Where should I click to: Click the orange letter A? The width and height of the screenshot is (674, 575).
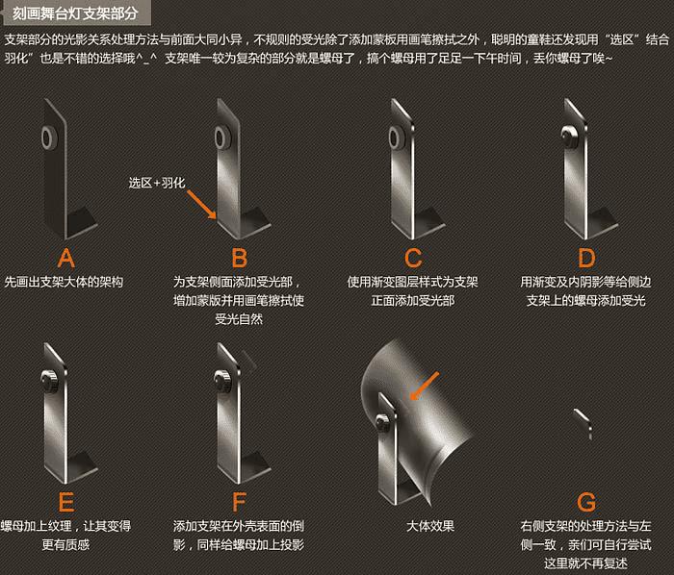[65, 258]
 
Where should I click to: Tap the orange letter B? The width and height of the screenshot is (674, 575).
[240, 258]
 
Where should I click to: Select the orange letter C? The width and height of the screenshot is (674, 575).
[413, 258]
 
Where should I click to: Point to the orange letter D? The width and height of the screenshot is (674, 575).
[586, 258]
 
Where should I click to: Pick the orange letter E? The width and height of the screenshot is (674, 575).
[66, 502]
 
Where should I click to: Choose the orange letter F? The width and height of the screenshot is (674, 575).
[240, 502]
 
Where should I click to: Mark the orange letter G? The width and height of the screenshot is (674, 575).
[586, 502]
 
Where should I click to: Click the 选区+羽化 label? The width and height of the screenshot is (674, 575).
[157, 183]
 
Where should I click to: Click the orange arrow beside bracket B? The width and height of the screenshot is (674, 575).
[201, 205]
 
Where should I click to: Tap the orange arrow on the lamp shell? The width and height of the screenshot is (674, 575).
[425, 386]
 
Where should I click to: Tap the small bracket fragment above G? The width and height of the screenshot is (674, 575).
[583, 424]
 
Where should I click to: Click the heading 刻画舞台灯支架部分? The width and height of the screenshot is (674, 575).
[75, 13]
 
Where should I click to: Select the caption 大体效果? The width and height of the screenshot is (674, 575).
[430, 526]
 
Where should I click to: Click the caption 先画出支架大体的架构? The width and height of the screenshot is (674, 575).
[64, 282]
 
